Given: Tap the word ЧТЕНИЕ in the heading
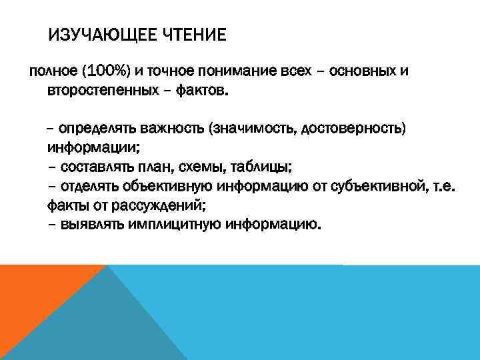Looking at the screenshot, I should point(194,34).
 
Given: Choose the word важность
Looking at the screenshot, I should point(175,127).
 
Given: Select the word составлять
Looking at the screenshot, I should point(97,166).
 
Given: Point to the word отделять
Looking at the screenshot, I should point(91,185).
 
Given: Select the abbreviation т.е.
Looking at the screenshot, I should point(443,185).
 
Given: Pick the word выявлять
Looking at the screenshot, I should point(89,224).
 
